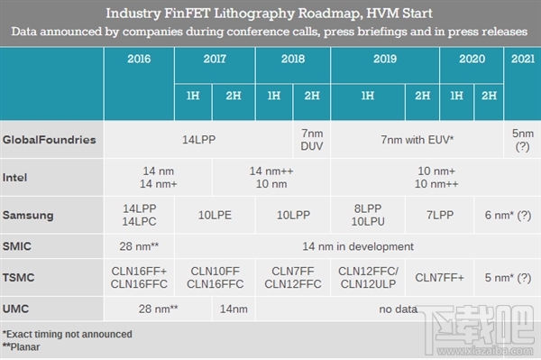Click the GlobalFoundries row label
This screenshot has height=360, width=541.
50,141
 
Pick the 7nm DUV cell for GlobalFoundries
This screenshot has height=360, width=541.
312,141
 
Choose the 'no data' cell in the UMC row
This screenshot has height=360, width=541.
398,309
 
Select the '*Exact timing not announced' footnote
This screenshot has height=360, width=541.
68,334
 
